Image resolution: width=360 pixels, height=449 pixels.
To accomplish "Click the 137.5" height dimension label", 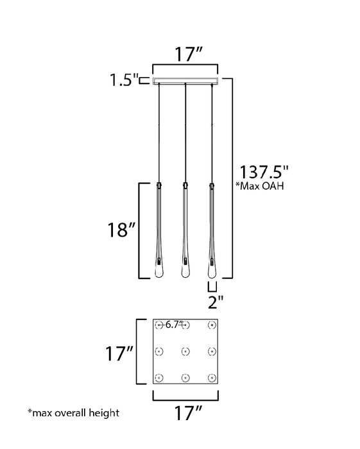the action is (x=264, y=172).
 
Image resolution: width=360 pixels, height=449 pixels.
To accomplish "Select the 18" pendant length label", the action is (x=121, y=230).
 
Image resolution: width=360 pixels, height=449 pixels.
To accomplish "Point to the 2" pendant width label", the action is (x=216, y=302).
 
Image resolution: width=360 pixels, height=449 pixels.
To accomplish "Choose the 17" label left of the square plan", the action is (x=119, y=353).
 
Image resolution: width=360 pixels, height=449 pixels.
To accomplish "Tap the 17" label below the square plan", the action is (x=188, y=412).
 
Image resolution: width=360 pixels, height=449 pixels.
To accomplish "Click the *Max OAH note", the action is (x=259, y=186).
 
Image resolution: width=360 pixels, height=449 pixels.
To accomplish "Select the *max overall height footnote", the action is (x=73, y=412).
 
